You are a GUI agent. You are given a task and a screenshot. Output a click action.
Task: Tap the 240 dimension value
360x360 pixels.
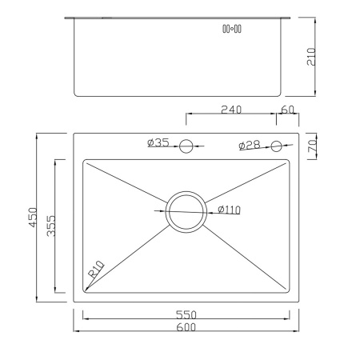[232, 110]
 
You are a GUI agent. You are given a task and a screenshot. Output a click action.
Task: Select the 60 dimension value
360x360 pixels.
[288, 110]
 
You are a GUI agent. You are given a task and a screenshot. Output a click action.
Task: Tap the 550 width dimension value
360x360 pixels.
[186, 314]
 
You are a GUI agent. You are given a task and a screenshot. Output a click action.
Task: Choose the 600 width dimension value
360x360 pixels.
[186, 326]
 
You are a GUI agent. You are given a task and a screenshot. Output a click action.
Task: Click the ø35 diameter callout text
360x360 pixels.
[158, 143]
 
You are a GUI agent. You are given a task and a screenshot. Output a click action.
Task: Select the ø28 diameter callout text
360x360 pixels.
[249, 145]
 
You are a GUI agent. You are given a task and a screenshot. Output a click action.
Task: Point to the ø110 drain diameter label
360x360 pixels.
[229, 210]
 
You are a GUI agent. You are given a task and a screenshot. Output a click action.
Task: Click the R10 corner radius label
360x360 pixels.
[97, 269]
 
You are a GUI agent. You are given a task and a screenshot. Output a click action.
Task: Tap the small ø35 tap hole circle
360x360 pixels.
[186, 146]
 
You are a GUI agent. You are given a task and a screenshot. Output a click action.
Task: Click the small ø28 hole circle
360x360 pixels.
[277, 146]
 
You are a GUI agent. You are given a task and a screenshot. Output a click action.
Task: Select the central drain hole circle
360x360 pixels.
[186, 210]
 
